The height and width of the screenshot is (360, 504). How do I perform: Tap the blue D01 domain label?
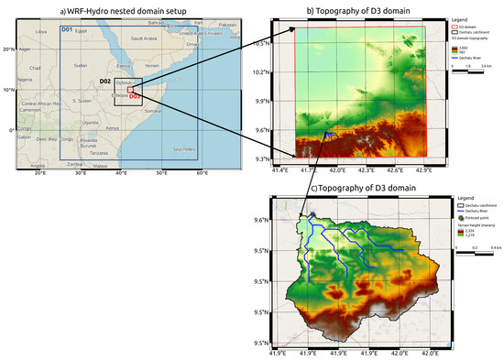click(x=67, y=30)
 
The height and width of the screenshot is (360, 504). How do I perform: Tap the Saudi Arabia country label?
click(x=144, y=38)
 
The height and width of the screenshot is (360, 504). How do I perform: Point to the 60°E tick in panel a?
click(x=202, y=173)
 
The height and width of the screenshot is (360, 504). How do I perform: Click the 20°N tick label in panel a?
click(x=7, y=48)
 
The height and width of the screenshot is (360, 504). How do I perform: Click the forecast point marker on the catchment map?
click(x=312, y=215)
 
